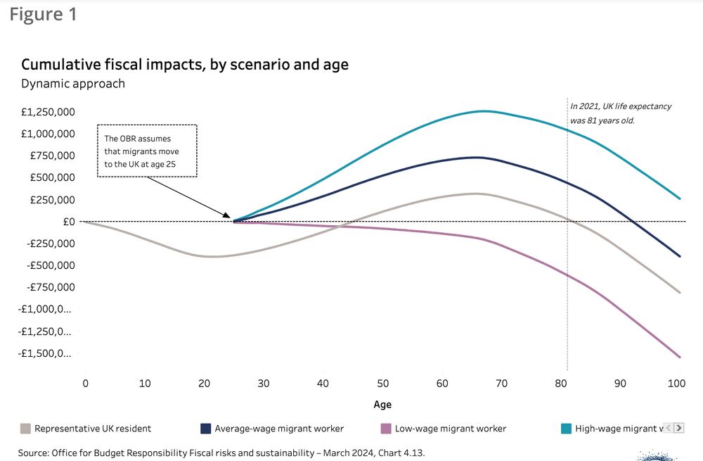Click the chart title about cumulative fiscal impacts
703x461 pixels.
click(185, 65)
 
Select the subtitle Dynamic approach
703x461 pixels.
click(73, 84)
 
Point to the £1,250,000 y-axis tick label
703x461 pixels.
click(47, 111)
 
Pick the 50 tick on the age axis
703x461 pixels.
click(382, 384)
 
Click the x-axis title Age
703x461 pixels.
click(382, 405)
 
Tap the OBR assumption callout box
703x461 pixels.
click(147, 151)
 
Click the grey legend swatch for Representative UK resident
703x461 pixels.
click(26, 428)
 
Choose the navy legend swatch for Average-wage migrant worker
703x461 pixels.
click(206, 428)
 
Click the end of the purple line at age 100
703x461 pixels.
click(679, 357)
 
